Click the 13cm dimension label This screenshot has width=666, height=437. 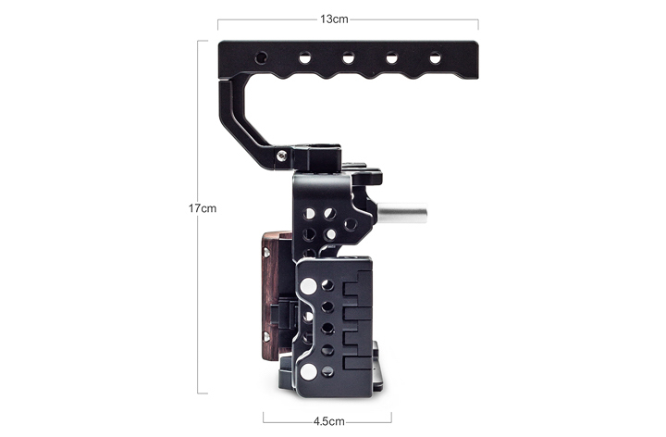(334, 19)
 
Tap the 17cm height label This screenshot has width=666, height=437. (203, 208)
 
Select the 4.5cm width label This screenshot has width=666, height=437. (328, 421)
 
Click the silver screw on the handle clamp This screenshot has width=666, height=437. (281, 156)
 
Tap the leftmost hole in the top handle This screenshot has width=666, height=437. (261, 57)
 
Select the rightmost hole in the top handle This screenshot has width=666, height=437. (435, 57)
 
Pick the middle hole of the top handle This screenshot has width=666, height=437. (349, 57)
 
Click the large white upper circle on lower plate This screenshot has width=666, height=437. (308, 286)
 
